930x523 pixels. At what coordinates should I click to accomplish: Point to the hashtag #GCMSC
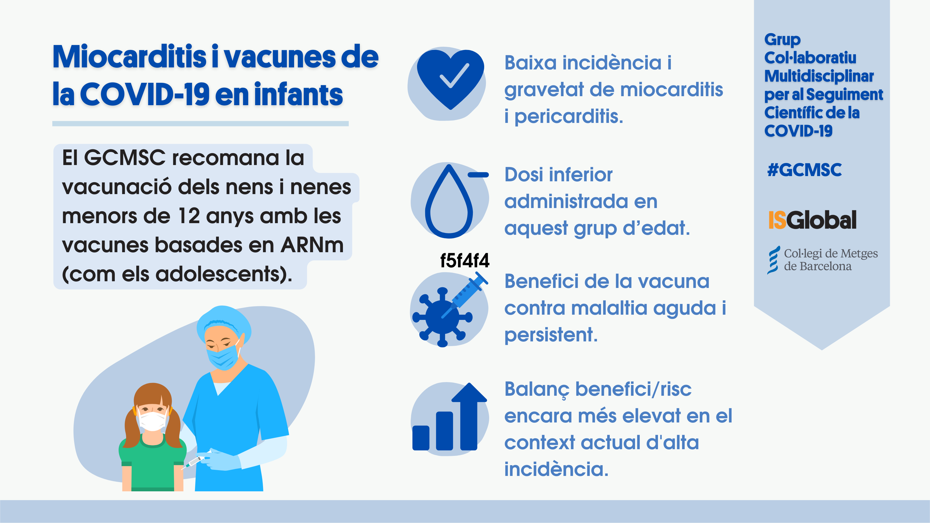804,170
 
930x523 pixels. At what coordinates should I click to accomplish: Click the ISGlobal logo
812,220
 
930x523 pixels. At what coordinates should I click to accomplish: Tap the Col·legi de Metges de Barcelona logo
822,260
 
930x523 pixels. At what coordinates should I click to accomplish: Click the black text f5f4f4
465,260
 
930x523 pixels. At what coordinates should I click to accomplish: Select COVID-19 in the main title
144,94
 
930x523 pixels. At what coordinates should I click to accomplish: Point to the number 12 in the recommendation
189,216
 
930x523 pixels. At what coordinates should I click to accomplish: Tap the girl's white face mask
152,420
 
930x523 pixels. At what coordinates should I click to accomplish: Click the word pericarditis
569,117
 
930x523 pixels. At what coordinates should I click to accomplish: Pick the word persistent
550,335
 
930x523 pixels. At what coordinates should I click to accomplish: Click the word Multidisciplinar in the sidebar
819,76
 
